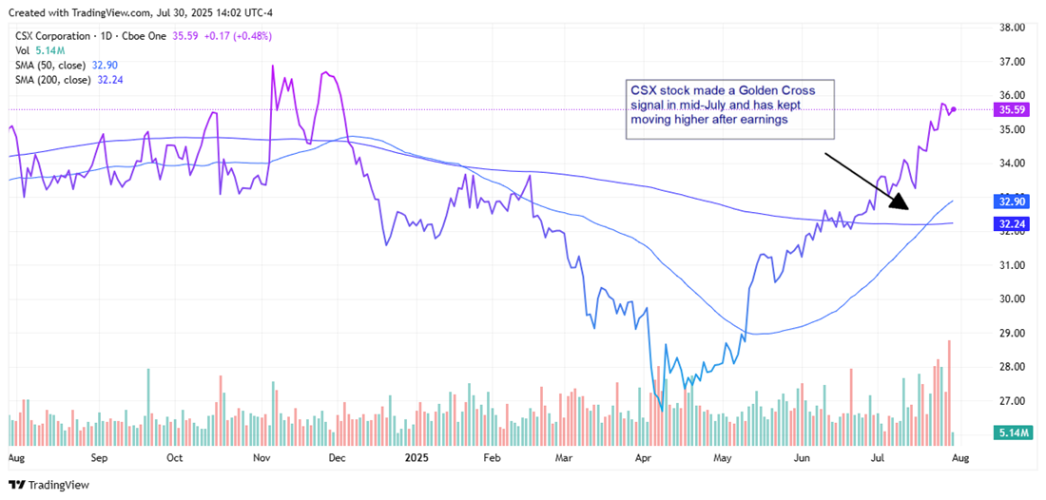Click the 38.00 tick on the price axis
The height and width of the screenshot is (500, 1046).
1012,28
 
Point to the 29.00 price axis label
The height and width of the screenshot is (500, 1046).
1012,334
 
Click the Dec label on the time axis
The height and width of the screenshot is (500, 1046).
338,457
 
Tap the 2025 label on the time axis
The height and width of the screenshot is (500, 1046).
416,457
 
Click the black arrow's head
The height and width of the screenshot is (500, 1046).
904,205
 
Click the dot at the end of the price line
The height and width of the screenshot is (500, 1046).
954,109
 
